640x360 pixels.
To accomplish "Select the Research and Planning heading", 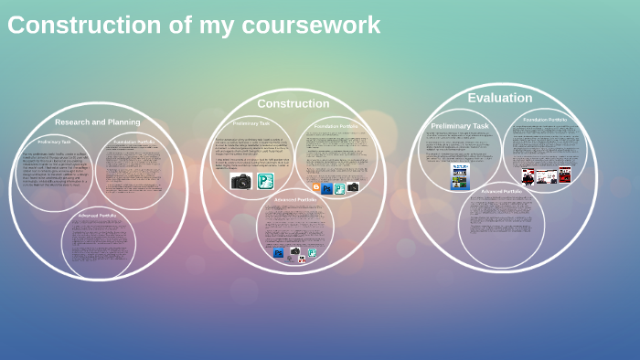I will [98, 122].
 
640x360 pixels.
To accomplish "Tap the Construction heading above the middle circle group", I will [293, 103].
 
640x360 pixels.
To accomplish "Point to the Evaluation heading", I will [499, 98].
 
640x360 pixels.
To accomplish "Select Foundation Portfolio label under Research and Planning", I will [133, 142].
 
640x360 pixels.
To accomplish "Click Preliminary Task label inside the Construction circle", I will [251, 122].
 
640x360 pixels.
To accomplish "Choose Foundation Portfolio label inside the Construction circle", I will [336, 126].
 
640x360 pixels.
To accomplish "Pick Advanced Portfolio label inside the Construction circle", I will [294, 199].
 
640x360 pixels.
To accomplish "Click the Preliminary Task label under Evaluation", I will [460, 126].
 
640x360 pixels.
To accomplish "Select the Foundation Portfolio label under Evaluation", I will [545, 120].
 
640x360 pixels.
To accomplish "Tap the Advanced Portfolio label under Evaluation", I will [501, 191].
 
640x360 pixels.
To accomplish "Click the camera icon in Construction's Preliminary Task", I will [241, 181].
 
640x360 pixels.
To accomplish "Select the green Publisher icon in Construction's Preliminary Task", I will [266, 181].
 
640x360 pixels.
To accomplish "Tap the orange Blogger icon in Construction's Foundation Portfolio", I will [316, 188].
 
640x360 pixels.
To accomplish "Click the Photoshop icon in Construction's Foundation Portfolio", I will [327, 188].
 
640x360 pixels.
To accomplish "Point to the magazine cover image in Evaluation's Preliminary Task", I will [460, 175].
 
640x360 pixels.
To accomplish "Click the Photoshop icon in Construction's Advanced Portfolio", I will [279, 253].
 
